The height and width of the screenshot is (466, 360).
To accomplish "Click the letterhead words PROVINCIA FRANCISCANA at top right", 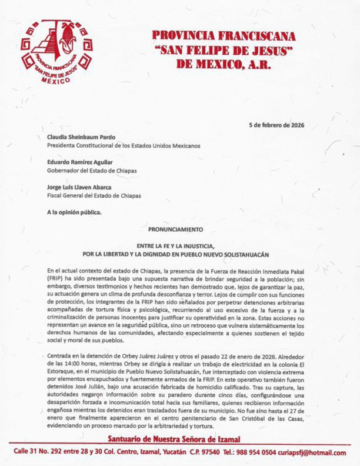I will tap(224, 36).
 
